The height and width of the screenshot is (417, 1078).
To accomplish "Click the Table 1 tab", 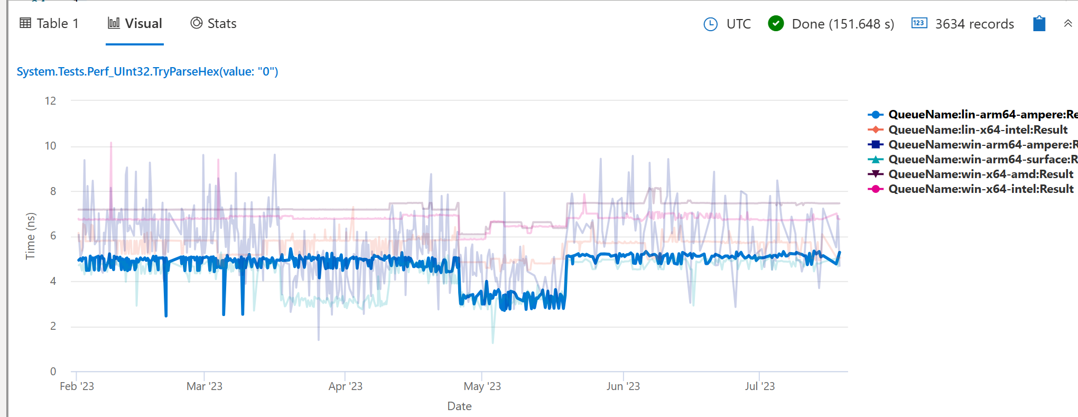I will [x=49, y=24].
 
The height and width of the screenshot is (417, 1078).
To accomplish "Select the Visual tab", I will [x=135, y=24].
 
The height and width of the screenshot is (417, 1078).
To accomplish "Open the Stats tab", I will [x=213, y=24].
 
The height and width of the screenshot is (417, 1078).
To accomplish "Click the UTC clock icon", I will [x=711, y=24].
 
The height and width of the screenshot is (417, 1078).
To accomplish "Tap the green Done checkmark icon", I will [x=776, y=24].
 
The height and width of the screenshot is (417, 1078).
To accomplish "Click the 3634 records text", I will [x=974, y=24].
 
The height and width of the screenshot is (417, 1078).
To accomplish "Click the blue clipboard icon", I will [x=1039, y=24].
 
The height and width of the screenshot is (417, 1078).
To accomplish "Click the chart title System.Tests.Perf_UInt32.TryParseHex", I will [x=147, y=71].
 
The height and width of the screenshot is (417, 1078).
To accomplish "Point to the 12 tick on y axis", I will [x=51, y=101].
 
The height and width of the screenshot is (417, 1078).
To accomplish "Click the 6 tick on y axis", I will [x=53, y=236].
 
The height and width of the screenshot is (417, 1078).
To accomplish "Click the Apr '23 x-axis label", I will [x=345, y=386].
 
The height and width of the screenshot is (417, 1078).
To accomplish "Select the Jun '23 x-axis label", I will [x=623, y=386].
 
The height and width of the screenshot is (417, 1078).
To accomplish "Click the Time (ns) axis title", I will [x=31, y=236].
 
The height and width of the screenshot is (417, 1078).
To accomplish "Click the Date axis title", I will [x=459, y=406].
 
